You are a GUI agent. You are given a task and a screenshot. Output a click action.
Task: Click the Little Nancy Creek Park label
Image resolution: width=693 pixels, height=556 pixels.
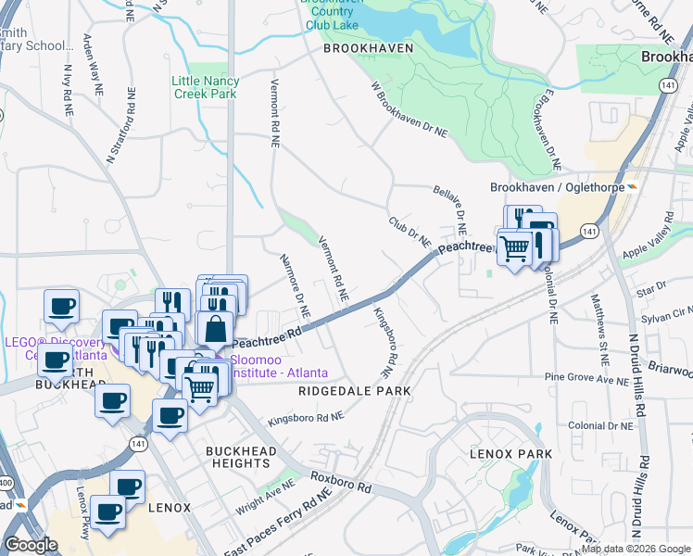tap(205, 87)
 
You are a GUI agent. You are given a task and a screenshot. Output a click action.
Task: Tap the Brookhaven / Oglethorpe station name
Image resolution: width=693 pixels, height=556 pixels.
tap(554, 187)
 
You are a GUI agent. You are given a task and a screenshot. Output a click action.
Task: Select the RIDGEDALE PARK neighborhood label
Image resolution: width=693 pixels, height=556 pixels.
tap(354, 391)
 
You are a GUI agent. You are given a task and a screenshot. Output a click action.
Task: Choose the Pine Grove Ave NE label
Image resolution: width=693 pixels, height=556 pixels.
tap(586, 378)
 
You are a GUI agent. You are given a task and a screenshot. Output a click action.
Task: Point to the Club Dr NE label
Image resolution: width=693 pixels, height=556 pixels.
tap(409, 232)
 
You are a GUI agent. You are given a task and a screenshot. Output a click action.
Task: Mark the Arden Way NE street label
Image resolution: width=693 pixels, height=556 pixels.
tap(91, 57)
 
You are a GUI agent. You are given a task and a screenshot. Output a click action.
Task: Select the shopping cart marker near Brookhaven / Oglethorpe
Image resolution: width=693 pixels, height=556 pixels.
tap(515, 247)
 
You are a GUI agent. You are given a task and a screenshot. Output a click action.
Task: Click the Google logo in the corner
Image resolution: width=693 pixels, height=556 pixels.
tap(31, 545)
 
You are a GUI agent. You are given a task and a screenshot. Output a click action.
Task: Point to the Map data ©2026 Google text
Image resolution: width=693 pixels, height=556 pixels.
tap(636, 549)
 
